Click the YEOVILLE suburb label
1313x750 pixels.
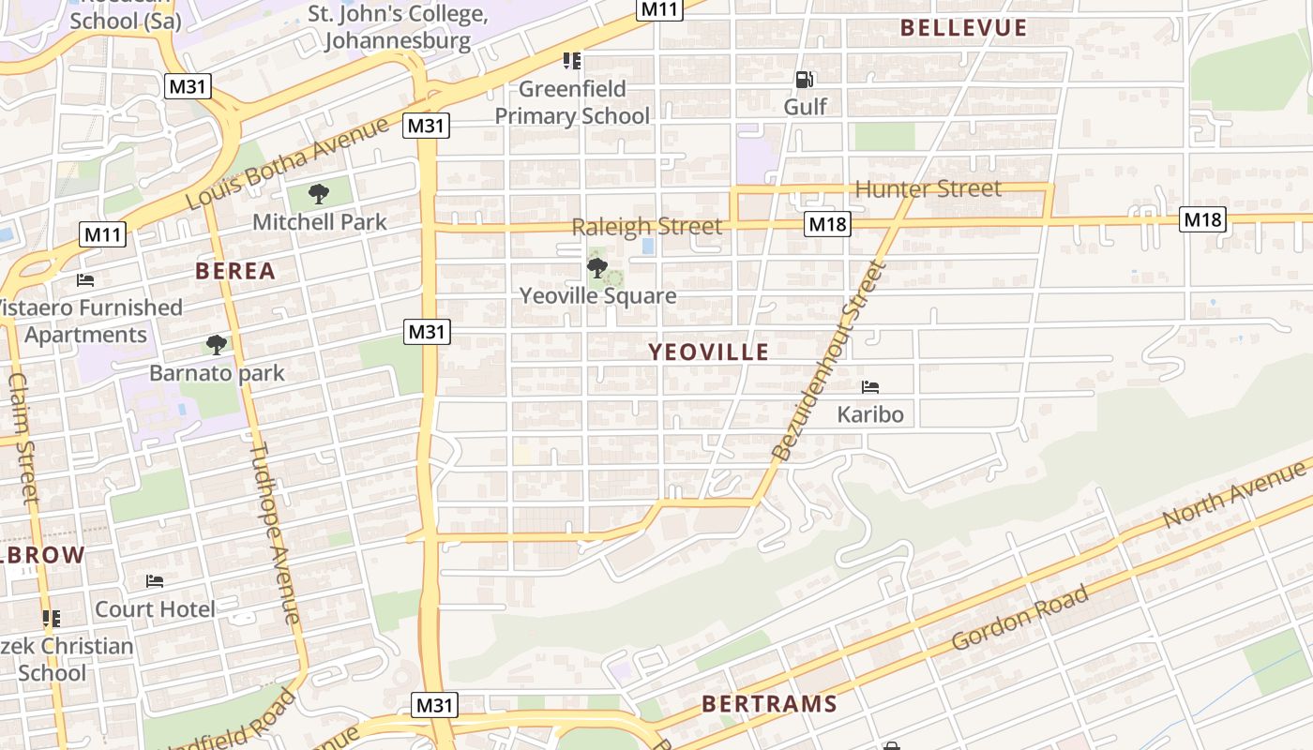coord(709,352)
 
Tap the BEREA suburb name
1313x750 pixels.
coord(235,272)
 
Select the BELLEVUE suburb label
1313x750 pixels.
coord(963,28)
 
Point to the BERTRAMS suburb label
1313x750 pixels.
coord(769,704)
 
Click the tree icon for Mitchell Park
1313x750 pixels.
coord(319,195)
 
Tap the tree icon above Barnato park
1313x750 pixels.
coord(217,345)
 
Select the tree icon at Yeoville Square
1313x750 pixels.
coord(596,269)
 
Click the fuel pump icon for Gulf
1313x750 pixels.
coord(804,81)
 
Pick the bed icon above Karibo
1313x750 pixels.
coord(870,386)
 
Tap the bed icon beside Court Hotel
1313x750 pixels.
coord(155,582)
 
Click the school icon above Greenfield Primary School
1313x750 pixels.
coord(571,62)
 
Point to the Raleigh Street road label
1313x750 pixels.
coord(647,227)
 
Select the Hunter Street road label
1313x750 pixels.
coord(928,189)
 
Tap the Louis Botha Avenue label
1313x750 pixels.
coord(286,165)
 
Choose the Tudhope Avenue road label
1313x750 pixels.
coord(274,532)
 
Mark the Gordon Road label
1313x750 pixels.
coord(1020,618)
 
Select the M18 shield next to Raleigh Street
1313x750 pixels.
coord(827,224)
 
